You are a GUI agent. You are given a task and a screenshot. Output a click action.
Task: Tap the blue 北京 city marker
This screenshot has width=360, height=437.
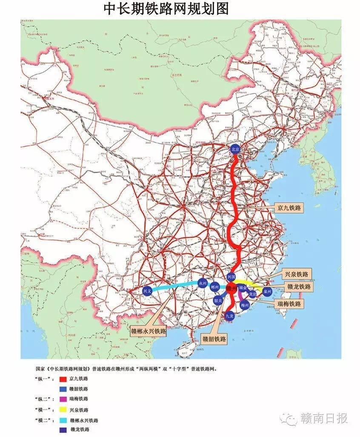(x=235, y=149)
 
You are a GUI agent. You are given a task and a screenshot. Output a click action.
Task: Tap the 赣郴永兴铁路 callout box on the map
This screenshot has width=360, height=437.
(x=149, y=330)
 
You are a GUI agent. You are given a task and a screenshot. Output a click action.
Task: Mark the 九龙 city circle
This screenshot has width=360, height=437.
(x=229, y=316)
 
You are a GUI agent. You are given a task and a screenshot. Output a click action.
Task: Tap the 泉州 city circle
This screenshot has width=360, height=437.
(x=267, y=291)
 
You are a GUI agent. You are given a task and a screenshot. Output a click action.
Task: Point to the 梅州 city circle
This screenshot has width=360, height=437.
(x=245, y=305)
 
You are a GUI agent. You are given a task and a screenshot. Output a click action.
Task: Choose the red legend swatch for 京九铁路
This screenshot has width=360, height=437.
(x=65, y=378)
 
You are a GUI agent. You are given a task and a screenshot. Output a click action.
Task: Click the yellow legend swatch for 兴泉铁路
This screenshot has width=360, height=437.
(x=65, y=410)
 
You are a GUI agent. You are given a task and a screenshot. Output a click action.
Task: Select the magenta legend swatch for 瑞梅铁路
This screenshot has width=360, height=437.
(x=65, y=399)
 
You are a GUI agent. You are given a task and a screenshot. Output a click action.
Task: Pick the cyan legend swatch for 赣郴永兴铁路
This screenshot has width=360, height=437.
(x=65, y=420)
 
